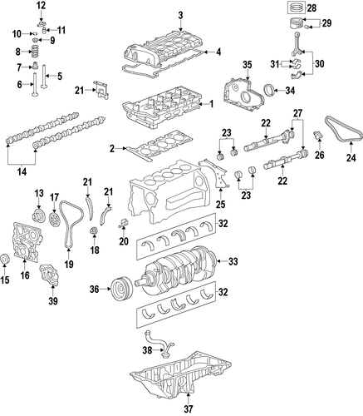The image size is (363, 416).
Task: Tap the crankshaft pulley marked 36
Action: pos(121,290)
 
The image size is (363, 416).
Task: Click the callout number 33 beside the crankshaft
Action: pos(233,261)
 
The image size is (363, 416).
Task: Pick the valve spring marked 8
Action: pos(33,52)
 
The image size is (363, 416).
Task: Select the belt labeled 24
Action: pos(344,130)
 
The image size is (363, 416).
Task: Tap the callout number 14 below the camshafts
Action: pos(22,171)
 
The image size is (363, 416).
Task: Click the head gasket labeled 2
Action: pos(159,146)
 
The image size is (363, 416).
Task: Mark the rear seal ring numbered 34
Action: pos(270,91)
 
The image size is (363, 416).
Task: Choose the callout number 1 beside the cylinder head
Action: pos(212,104)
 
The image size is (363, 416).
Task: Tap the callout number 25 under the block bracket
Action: pos(221,205)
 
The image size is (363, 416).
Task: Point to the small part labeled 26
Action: pos(318,135)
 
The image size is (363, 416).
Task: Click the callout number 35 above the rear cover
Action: pos(248,65)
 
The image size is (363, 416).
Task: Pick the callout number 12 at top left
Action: pos(41,5)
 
